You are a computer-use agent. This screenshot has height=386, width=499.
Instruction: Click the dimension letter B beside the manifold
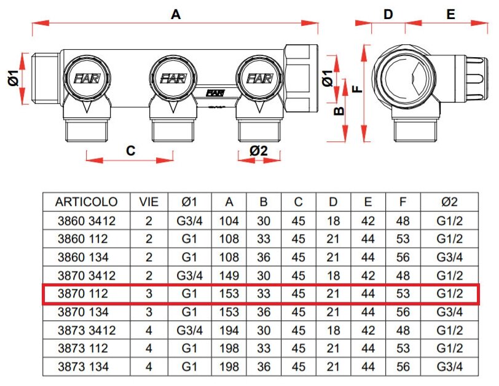(337, 111)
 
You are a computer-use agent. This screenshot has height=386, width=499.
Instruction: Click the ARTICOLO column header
(86, 202)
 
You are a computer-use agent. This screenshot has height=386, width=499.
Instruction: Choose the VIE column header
(149, 202)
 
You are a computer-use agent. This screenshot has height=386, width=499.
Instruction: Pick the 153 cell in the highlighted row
(229, 293)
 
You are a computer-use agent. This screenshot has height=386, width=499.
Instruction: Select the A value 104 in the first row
(229, 220)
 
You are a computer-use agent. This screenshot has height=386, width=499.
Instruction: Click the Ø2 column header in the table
(449, 202)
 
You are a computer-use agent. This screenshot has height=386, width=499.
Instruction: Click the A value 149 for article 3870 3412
(229, 275)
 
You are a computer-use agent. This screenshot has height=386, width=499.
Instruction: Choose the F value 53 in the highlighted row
(403, 293)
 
